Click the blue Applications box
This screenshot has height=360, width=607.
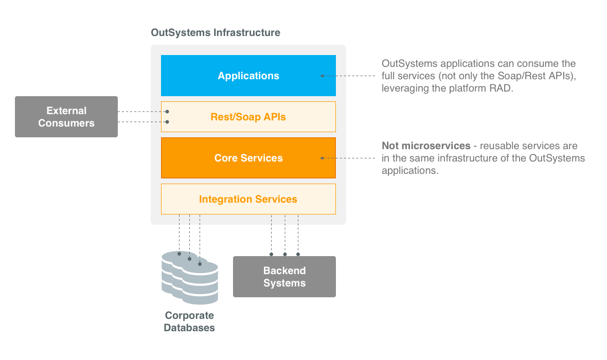click(248, 76)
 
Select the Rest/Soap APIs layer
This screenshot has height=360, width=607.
click(248, 117)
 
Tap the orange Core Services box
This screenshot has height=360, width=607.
click(248, 158)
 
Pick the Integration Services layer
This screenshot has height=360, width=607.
click(248, 199)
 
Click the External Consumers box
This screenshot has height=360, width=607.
click(66, 117)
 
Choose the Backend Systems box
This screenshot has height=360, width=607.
click(284, 277)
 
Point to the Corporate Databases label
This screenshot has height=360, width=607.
click(189, 321)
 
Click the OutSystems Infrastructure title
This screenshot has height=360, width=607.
click(216, 33)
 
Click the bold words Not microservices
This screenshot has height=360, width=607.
click(426, 146)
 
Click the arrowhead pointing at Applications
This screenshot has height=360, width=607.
click(323, 76)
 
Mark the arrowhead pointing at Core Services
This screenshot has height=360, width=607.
click(323, 158)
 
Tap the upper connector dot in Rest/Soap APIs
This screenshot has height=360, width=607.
click(167, 112)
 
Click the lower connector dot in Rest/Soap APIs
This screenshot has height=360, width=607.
click(167, 122)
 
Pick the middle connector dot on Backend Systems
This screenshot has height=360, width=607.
click(284, 254)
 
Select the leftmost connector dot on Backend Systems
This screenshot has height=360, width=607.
click(271, 254)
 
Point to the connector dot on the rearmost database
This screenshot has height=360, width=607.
click(179, 254)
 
